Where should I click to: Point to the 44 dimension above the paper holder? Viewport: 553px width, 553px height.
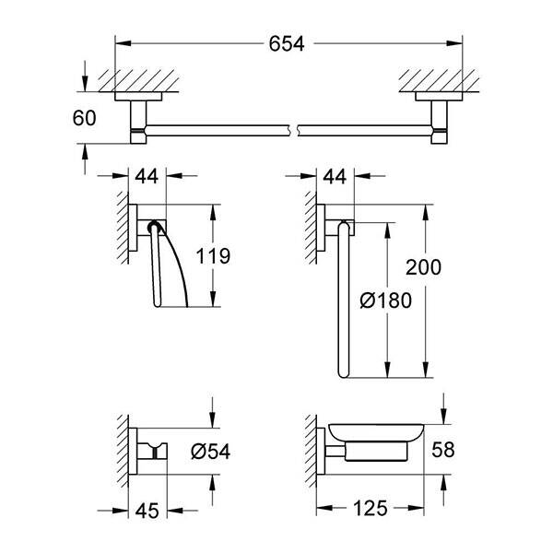(146, 173)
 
